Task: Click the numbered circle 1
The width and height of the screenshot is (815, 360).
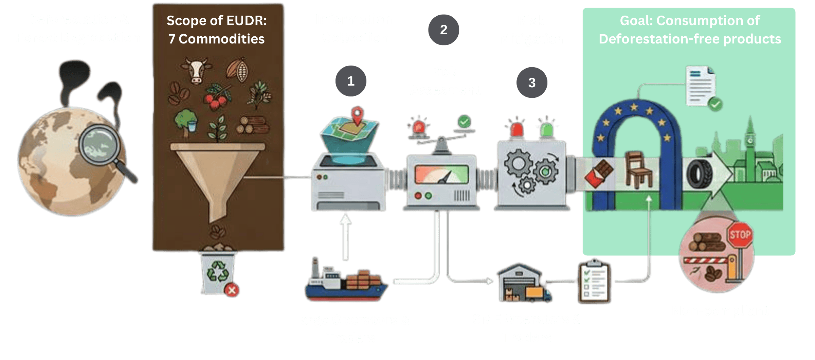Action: [351, 81]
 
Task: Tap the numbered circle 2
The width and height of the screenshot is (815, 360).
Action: [443, 30]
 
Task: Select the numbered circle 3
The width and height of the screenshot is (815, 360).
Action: [532, 83]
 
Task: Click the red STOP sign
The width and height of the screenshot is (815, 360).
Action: [740, 235]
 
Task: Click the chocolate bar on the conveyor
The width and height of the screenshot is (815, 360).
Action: [598, 173]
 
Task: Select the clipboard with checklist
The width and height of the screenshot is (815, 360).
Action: [594, 282]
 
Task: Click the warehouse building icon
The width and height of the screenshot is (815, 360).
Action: [520, 282]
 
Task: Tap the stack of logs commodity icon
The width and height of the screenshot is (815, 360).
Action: [253, 125]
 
